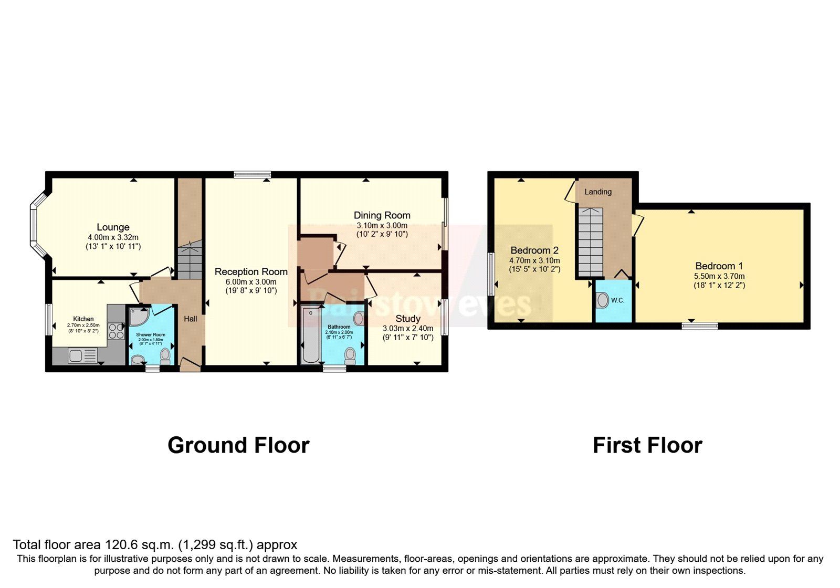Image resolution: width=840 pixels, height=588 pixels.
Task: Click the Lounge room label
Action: coord(113,227)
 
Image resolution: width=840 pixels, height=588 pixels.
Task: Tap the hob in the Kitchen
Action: coord(115,331)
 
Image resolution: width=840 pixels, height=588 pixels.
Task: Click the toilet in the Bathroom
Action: coord(350,356)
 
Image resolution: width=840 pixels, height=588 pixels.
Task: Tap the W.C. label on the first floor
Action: coord(617,300)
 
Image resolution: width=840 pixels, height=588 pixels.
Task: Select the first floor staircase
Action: coord(591,241)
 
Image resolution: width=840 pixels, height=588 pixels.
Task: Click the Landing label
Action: coord(598,192)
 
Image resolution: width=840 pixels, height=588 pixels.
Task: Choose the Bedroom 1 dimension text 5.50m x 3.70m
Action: coord(719,276)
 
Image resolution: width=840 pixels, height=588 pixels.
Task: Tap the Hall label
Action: coord(191,319)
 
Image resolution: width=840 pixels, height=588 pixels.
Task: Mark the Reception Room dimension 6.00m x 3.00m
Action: coord(251,282)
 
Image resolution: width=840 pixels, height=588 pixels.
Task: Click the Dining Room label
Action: coord(382,215)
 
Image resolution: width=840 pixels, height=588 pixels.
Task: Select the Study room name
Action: coord(408,319)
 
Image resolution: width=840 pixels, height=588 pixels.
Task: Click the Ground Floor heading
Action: coord(238,445)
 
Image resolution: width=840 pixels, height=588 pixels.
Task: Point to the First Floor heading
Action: coord(647,445)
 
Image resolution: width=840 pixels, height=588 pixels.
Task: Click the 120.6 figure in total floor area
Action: coord(121,544)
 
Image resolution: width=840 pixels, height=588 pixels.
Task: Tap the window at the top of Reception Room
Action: coord(252,175)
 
